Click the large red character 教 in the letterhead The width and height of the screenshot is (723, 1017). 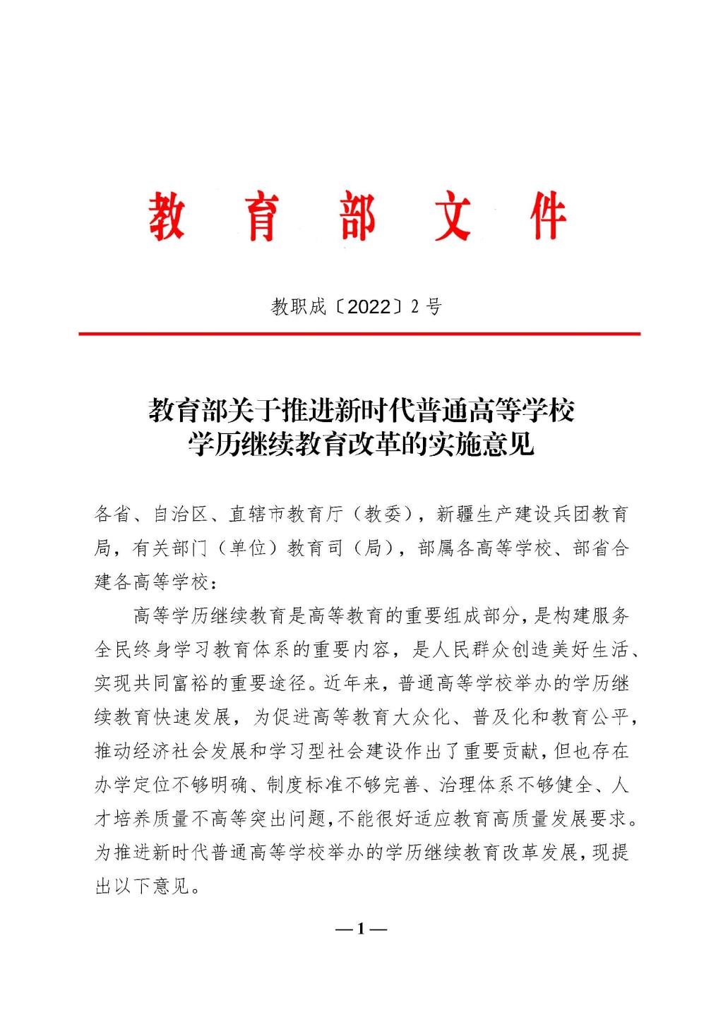pos(167,217)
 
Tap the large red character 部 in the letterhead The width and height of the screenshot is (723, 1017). pos(357,217)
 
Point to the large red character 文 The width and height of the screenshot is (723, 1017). pos(453,217)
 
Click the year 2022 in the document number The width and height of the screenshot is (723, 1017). pos(369,307)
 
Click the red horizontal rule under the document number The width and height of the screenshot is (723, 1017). pos(359,333)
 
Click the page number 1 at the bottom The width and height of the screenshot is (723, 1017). pos(361,929)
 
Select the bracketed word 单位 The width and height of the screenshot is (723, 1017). pos(248,548)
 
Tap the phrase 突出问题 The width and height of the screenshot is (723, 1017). pos(288,819)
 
